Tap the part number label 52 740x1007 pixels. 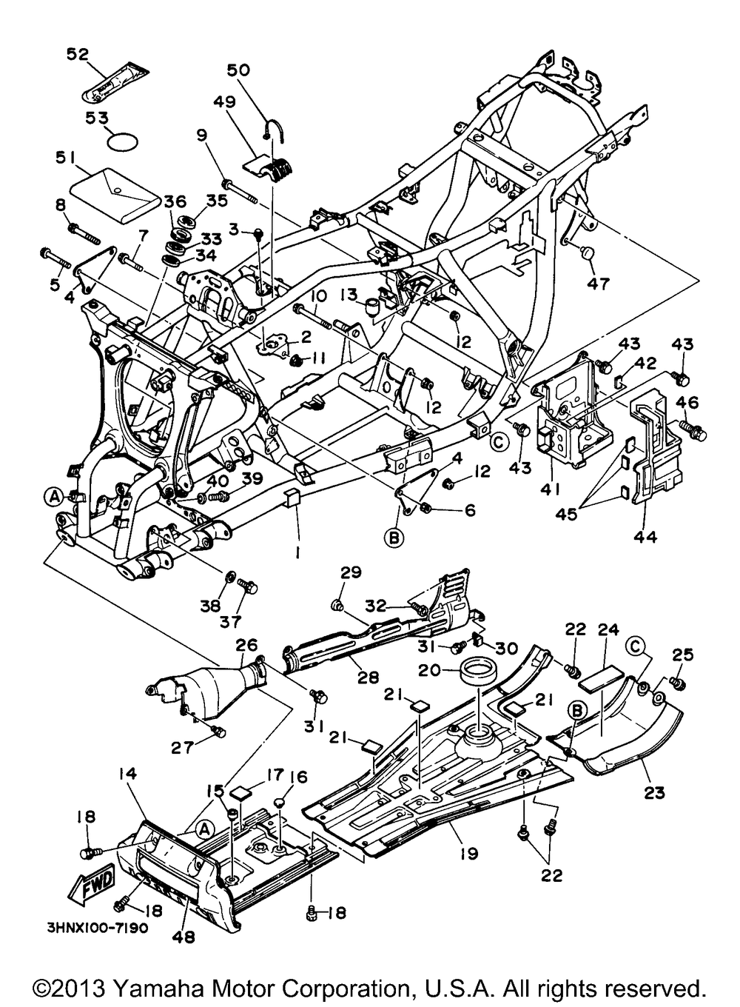[x=78, y=54]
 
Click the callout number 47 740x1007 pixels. [x=599, y=284]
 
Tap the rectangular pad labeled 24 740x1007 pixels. [x=601, y=677]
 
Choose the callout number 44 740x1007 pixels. [x=645, y=536]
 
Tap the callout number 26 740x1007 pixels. [x=246, y=645]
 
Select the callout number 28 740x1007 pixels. [x=368, y=689]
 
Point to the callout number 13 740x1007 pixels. [x=349, y=295]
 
